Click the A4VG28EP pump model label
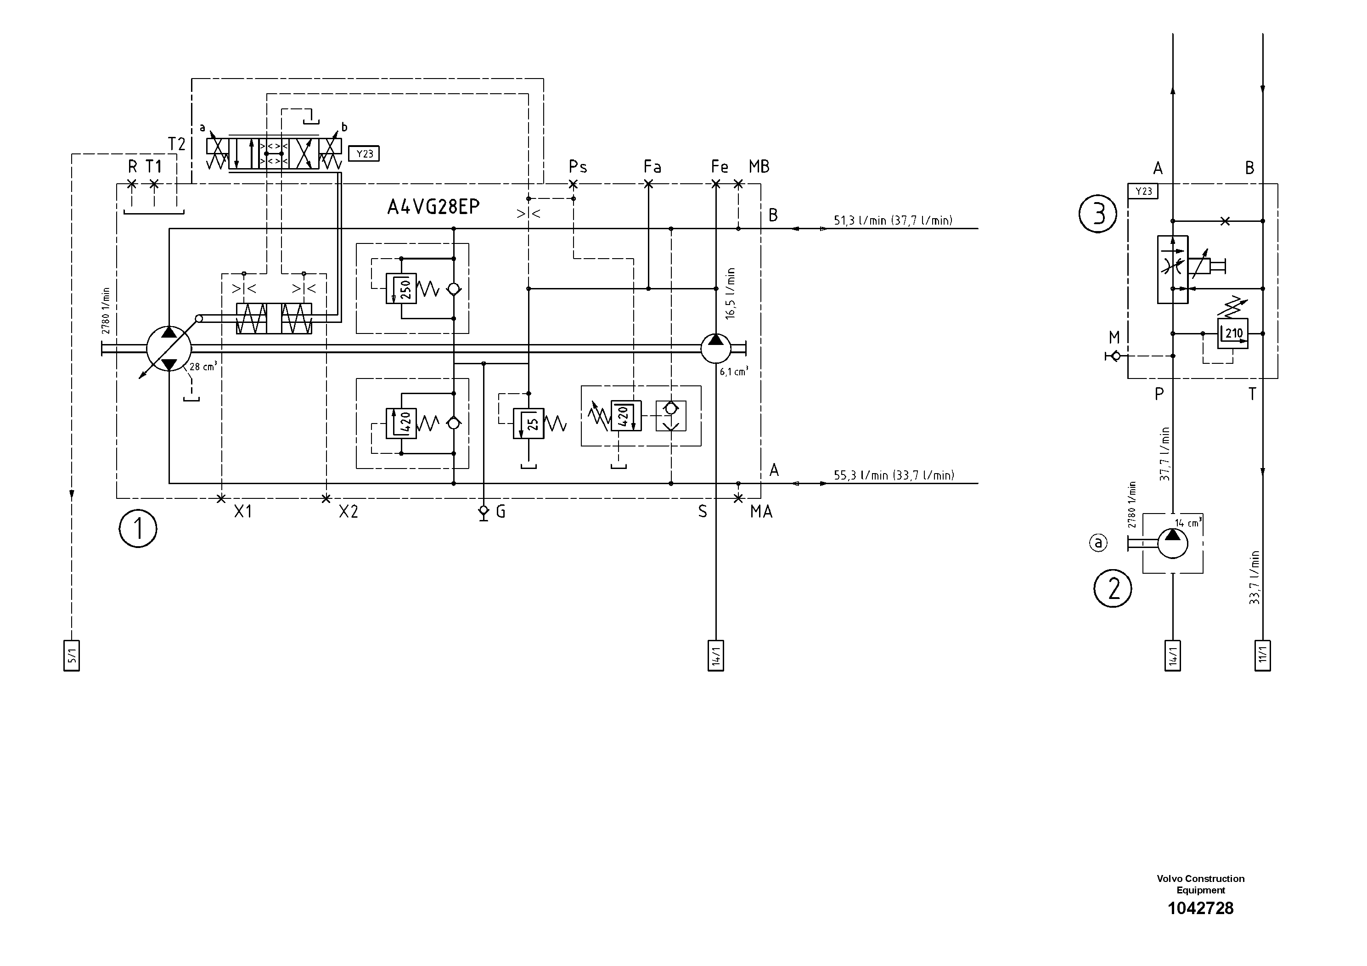pyautogui.click(x=433, y=207)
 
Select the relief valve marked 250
pyautogui.click(x=401, y=289)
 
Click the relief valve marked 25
pyautogui.click(x=529, y=424)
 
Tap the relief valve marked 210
pyautogui.click(x=1232, y=333)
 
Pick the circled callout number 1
pyautogui.click(x=138, y=529)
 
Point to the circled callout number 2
pyautogui.click(x=1112, y=589)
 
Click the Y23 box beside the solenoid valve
pyautogui.click(x=364, y=154)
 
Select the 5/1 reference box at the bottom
pyautogui.click(x=72, y=655)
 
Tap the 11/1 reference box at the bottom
pyautogui.click(x=1262, y=655)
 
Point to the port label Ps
pyautogui.click(x=578, y=166)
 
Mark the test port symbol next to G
pyautogui.click(x=484, y=512)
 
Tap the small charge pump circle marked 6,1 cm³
pyautogui.click(x=716, y=348)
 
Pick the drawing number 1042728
pyautogui.click(x=1200, y=909)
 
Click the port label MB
pyautogui.click(x=759, y=167)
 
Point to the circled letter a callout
pyautogui.click(x=1098, y=542)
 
